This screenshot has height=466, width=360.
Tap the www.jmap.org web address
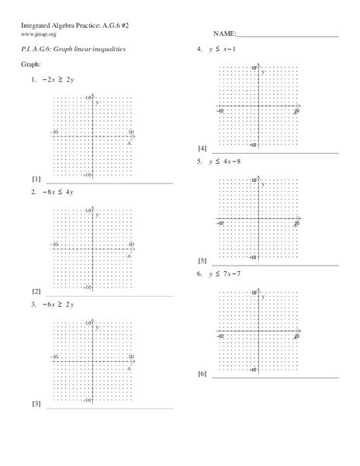coord(37,34)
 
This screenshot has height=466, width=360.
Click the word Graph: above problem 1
coord(30,66)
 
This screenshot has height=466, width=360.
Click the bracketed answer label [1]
coord(36,179)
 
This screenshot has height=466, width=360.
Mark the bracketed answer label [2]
coord(36,291)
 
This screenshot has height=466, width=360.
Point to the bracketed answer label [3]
coord(36,404)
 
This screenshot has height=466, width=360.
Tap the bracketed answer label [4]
coord(202,148)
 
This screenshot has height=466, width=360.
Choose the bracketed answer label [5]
coord(202,261)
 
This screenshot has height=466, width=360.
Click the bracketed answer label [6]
coord(202,374)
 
